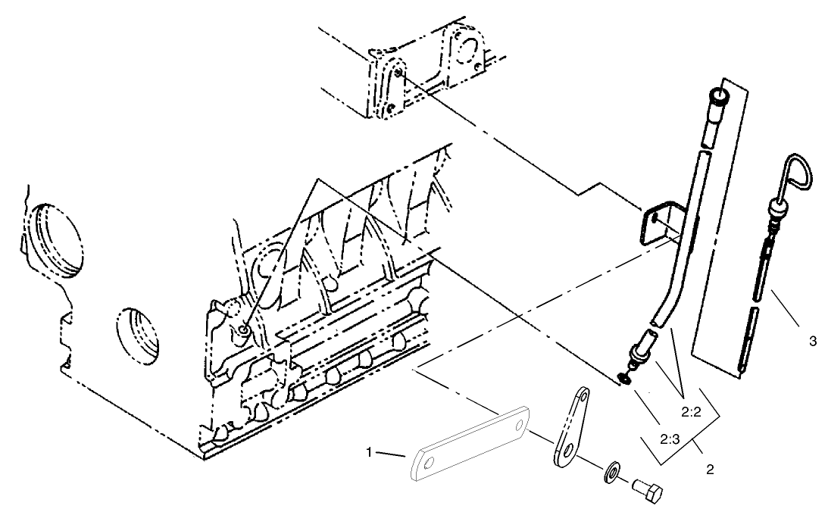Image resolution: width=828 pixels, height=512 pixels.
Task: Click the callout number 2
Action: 710,470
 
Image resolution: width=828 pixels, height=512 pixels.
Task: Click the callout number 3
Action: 812,342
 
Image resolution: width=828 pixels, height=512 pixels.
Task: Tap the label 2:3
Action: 669,439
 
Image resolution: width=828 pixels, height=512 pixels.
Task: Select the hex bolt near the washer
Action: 648,492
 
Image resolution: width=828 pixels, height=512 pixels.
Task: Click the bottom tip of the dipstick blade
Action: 739,370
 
